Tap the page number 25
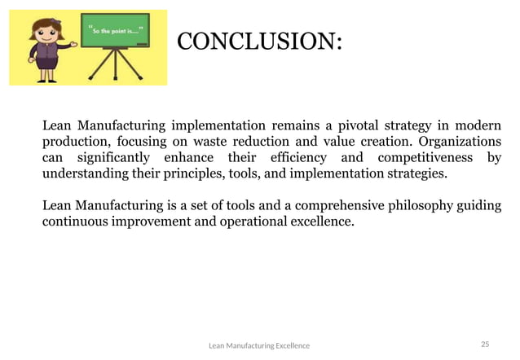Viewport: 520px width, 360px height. tap(485, 345)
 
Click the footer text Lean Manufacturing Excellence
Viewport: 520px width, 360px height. tap(259, 345)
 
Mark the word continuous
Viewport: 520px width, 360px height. tap(76, 220)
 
